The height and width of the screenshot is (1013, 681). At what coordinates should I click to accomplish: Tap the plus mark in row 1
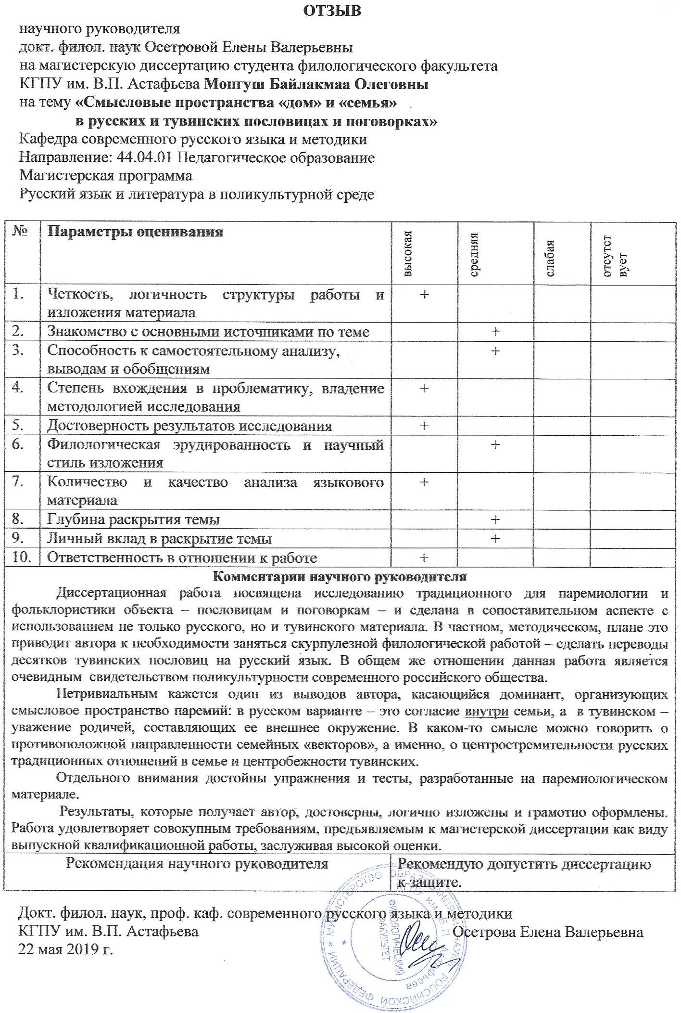coord(424,294)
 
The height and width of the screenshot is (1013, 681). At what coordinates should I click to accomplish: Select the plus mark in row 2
coord(495,331)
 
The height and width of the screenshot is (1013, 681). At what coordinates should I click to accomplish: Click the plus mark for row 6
coord(495,444)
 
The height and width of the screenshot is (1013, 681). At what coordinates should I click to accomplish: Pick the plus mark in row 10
coord(424,558)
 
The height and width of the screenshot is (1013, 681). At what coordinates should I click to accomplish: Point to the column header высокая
coord(408,253)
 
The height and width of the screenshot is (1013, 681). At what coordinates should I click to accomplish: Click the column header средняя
coord(474,253)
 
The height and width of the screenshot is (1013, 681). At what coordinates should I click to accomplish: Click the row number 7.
coord(18,481)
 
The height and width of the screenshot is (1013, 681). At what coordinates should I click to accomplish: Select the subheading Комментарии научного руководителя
coord(340,576)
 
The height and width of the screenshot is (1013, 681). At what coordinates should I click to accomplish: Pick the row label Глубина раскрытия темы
coord(134,519)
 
